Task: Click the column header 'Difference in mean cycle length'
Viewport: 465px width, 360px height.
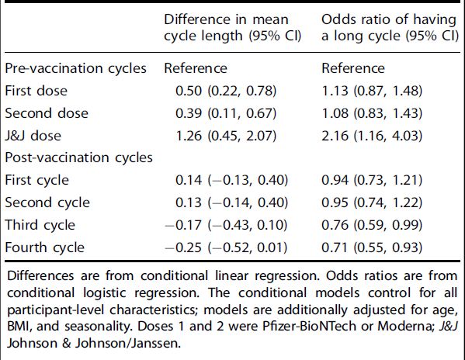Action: click(x=225, y=26)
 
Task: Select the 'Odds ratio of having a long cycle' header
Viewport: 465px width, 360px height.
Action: click(x=389, y=26)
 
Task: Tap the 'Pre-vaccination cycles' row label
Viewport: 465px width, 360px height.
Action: click(x=76, y=68)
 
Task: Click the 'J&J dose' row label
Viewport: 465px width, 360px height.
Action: click(x=34, y=135)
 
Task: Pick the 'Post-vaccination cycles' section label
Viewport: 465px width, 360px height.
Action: click(x=78, y=157)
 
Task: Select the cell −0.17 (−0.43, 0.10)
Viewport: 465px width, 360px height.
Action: click(x=226, y=225)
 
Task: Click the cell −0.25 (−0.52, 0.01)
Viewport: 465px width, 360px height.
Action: click(x=226, y=247)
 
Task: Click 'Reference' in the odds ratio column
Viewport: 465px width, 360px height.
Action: click(x=353, y=68)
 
